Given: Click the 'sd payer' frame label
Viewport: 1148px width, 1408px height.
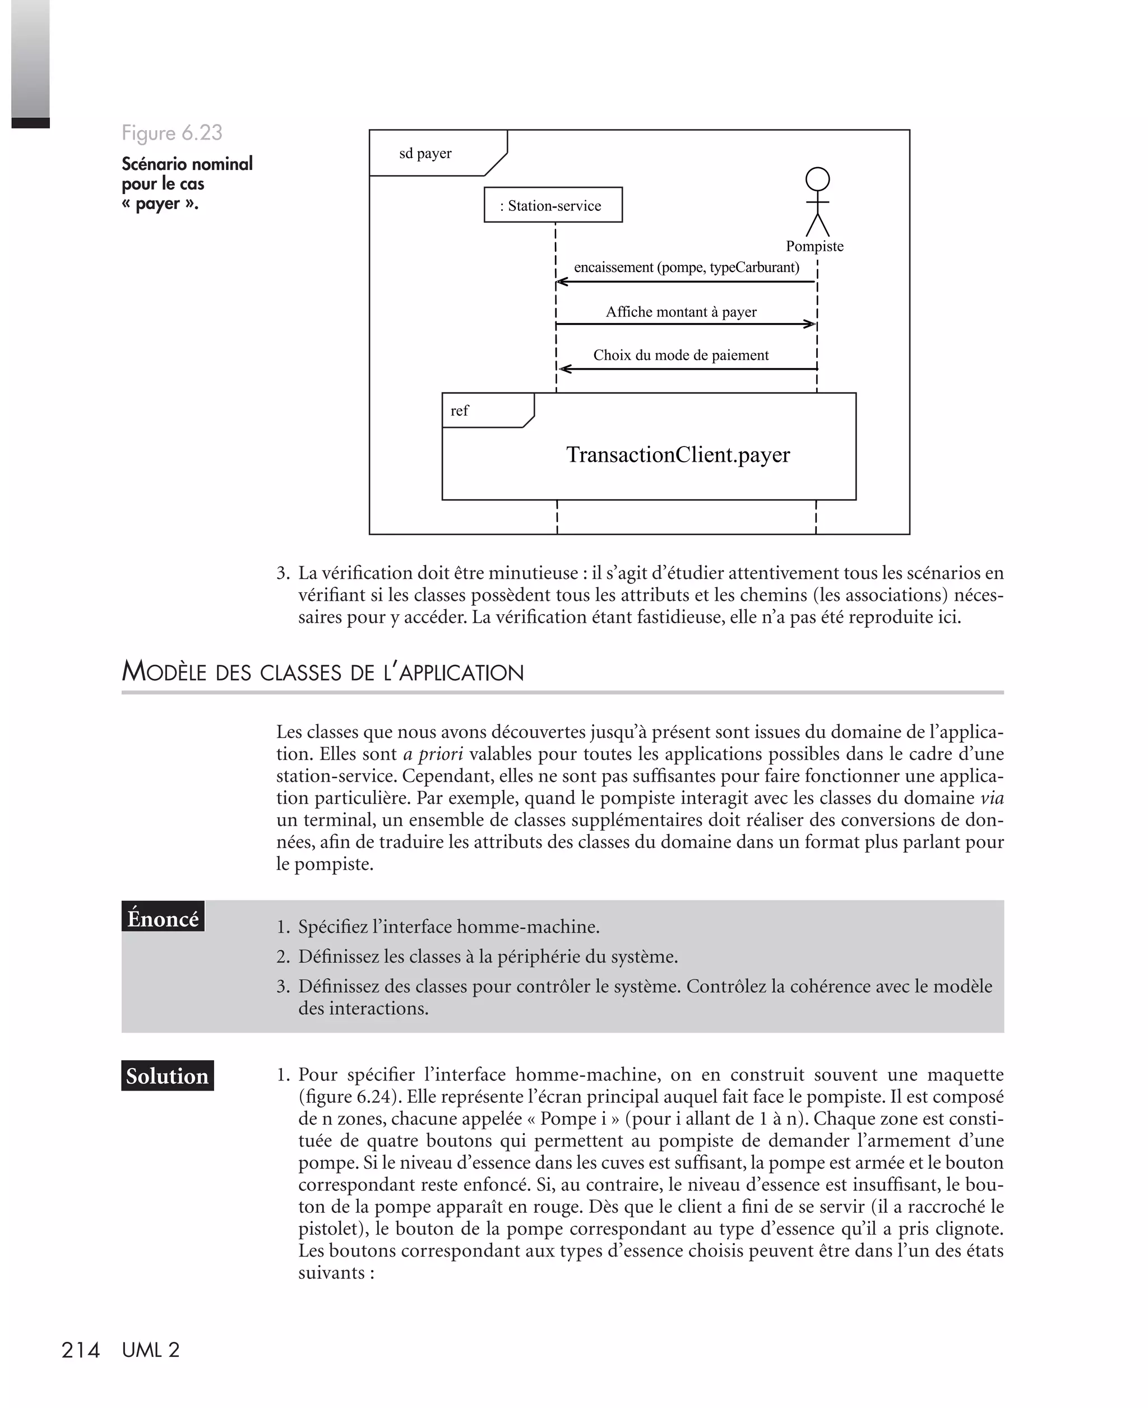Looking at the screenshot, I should [425, 154].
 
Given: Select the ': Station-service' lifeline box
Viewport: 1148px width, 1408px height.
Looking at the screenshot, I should [553, 205].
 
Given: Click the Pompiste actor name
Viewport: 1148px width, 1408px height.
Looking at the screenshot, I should [814, 246].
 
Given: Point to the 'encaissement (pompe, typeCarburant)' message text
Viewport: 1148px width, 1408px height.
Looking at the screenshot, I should [687, 268].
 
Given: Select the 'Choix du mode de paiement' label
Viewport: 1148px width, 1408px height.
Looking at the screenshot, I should [681, 355].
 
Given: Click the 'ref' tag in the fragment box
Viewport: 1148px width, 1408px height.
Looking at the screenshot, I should [459, 411].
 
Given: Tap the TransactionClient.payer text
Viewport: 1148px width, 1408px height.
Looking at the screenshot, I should [678, 454].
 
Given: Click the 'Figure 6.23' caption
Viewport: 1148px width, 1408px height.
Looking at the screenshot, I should [172, 133].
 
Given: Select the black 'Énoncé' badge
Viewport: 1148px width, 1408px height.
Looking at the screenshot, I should [163, 919].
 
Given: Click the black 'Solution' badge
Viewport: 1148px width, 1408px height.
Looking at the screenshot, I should [167, 1076].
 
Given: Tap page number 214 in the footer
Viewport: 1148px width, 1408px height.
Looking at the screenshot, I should [80, 1350].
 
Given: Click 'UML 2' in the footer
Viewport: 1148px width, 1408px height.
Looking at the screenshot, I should [151, 1350].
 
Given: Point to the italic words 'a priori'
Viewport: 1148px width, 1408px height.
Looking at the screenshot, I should [433, 753].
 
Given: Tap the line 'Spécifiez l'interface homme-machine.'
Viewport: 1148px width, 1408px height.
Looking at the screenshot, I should [448, 927].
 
